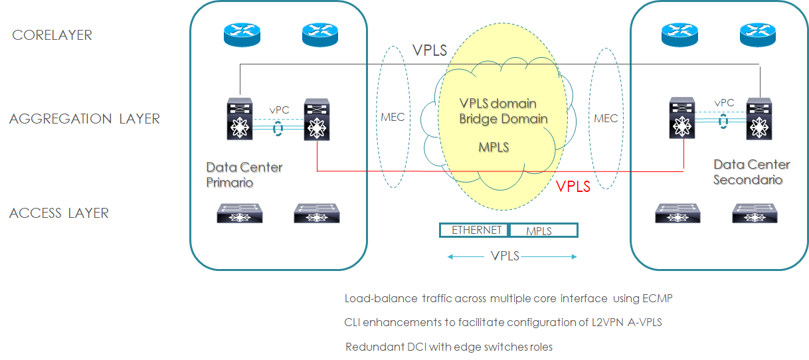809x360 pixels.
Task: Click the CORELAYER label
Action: pyautogui.click(x=52, y=35)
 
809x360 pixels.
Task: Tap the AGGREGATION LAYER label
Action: pyautogui.click(x=84, y=120)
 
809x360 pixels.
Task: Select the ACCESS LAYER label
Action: pyautogui.click(x=59, y=213)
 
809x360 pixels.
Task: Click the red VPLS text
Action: pyautogui.click(x=573, y=187)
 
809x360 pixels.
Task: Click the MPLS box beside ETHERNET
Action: pyautogui.click(x=543, y=231)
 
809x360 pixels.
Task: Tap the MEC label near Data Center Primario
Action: pyautogui.click(x=393, y=118)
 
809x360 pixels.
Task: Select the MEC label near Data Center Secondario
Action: pyautogui.click(x=605, y=118)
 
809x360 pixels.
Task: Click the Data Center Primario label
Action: pyautogui.click(x=244, y=175)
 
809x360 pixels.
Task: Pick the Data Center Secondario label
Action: pyautogui.click(x=751, y=171)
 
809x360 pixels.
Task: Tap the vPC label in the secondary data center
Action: pyautogui.click(x=724, y=103)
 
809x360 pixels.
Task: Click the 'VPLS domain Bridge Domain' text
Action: pyautogui.click(x=503, y=112)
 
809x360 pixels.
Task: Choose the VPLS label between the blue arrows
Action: pyautogui.click(x=505, y=256)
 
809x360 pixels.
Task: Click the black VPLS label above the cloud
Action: pyautogui.click(x=429, y=50)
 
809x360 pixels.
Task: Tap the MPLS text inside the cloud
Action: pyautogui.click(x=494, y=147)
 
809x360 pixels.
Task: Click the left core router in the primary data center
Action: pyautogui.click(x=242, y=35)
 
